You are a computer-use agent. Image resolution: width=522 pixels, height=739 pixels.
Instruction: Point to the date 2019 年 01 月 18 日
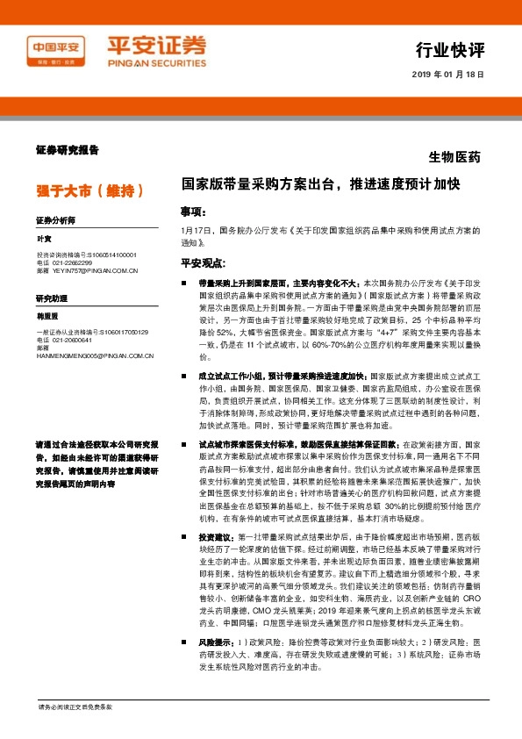(447, 75)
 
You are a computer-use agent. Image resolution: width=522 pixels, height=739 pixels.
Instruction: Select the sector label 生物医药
(454, 158)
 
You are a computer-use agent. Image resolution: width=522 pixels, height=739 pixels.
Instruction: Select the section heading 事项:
(193, 212)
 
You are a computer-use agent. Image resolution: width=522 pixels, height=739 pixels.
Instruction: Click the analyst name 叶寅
(44, 239)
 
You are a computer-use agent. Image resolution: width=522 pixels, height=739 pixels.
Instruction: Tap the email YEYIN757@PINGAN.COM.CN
(96, 270)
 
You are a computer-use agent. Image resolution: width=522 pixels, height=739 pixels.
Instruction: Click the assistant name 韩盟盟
(47, 317)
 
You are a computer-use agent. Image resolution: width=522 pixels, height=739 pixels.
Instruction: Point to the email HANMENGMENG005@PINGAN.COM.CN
(95, 355)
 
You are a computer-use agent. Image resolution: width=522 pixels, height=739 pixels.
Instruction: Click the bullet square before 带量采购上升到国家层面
(183, 284)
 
